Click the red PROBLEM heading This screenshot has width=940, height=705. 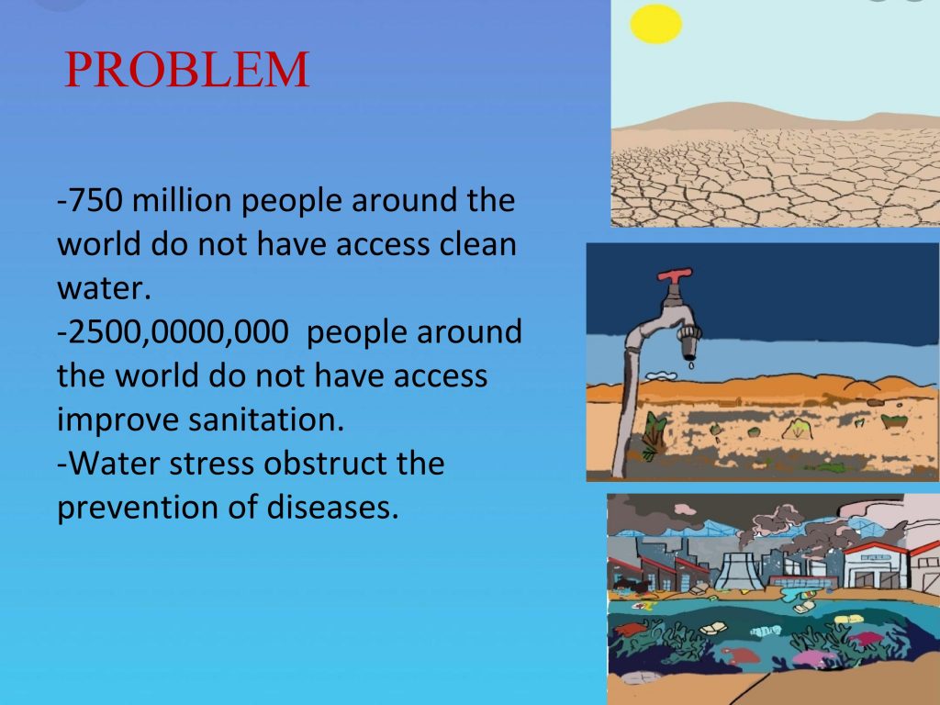[x=186, y=70]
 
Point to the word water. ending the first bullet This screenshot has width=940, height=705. [x=104, y=288]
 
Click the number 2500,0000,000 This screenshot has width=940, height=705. [x=178, y=332]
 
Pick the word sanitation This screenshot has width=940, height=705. [x=266, y=420]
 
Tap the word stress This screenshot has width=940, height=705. [x=212, y=464]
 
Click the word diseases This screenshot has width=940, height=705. [x=332, y=507]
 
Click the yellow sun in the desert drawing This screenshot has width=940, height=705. [x=655, y=24]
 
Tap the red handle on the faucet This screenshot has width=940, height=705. [x=675, y=275]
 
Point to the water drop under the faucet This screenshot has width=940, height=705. [x=691, y=364]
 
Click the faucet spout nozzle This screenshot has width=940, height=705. [x=688, y=341]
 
